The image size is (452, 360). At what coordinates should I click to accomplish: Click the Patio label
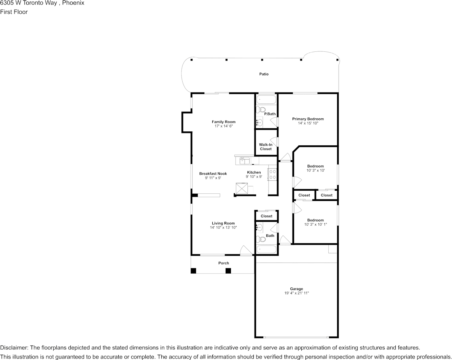[264, 74]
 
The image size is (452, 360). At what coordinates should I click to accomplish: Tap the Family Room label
[223, 122]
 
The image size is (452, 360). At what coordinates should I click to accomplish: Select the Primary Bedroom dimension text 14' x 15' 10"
[308, 123]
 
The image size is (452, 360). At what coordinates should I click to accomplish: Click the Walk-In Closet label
[266, 147]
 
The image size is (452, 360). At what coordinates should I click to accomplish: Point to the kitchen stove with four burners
[272, 174]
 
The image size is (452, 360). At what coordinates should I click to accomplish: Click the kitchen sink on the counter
[244, 161]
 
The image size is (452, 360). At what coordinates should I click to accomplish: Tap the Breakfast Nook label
[213, 174]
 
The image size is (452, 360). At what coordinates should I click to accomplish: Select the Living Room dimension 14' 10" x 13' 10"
[223, 228]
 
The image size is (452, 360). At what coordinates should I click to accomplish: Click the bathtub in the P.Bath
[266, 100]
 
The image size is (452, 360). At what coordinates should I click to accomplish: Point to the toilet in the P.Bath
[260, 110]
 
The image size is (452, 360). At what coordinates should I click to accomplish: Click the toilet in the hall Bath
[261, 239]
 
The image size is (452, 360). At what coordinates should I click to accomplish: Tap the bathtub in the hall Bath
[266, 250]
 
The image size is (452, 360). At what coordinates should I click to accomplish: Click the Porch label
[223, 263]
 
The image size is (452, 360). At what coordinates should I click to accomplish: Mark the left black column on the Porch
[193, 271]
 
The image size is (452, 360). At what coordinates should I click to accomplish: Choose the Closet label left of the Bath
[266, 216]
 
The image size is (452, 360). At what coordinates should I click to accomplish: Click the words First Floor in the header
[14, 12]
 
